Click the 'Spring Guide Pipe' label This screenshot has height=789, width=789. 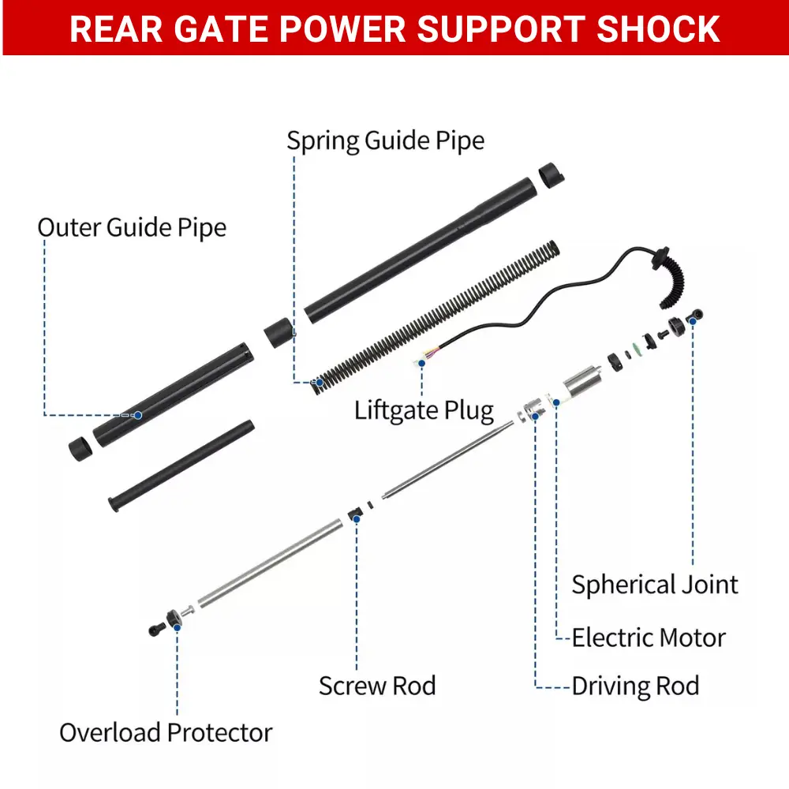coord(385,141)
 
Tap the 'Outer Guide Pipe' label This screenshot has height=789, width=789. coord(132,228)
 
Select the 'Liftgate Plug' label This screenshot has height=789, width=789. coord(424,410)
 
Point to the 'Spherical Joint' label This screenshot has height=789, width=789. coord(655,585)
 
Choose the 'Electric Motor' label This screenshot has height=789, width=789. coord(648,638)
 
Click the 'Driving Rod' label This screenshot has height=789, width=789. coord(635,686)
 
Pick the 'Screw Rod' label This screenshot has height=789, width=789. coord(377,686)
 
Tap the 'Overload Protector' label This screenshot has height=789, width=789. coord(166,732)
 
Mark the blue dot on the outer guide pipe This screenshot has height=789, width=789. coord(137,414)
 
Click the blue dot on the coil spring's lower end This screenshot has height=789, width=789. coord(320,383)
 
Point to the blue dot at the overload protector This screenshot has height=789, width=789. coord(177,626)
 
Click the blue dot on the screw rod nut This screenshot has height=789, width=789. coord(357,518)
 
